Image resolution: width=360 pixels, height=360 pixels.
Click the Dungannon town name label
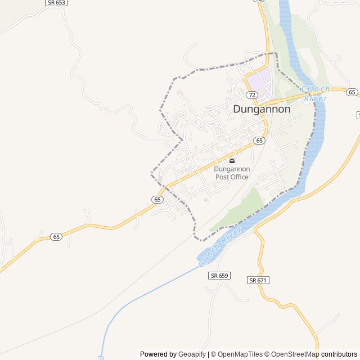[262, 109]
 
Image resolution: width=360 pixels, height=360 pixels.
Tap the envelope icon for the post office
[232, 161]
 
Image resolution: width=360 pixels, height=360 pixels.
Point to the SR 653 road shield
[56, 3]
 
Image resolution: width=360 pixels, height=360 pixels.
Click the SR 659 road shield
[219, 276]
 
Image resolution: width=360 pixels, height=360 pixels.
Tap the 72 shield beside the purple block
[251, 95]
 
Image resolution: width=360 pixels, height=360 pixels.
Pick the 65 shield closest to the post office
[259, 140]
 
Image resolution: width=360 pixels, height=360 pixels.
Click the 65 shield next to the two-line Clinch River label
[352, 92]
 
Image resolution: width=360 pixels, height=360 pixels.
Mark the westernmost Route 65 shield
[56, 237]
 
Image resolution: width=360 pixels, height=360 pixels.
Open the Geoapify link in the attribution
[192, 354]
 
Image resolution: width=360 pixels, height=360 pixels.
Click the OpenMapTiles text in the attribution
[240, 354]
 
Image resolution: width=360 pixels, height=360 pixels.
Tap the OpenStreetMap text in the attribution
[295, 354]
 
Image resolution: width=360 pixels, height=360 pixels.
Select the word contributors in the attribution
[339, 354]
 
